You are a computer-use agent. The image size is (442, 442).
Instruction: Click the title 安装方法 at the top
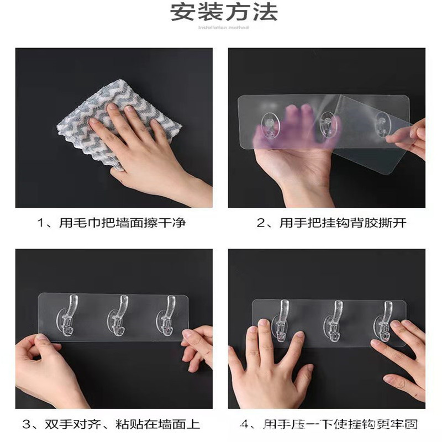pyautogui.click(x=224, y=12)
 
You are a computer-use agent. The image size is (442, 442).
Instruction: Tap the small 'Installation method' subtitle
pyautogui.click(x=223, y=27)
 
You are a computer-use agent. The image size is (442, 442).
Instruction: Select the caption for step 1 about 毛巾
pyautogui.click(x=111, y=223)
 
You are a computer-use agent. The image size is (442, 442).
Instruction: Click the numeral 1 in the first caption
pyautogui.click(x=40, y=223)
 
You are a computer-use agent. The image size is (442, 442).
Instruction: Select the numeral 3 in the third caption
pyautogui.click(x=26, y=425)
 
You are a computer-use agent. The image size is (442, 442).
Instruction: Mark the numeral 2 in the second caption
pyautogui.click(x=261, y=223)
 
